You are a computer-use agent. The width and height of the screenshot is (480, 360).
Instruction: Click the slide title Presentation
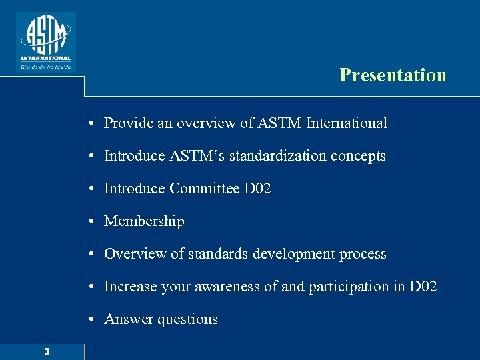[x=393, y=75]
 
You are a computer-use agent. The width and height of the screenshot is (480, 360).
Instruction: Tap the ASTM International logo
[x=45, y=41]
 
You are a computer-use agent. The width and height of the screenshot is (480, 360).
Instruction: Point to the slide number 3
[x=47, y=351]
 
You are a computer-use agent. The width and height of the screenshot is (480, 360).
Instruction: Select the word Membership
[x=144, y=221]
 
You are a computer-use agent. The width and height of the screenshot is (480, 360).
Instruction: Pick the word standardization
[x=271, y=156]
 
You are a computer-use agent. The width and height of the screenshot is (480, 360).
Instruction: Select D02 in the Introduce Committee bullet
[x=257, y=189]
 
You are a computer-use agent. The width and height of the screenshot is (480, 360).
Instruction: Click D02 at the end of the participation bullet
[x=423, y=287]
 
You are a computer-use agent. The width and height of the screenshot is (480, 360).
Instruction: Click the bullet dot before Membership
[x=89, y=222]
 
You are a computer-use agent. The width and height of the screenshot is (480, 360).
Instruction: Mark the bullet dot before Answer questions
[x=89, y=320]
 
